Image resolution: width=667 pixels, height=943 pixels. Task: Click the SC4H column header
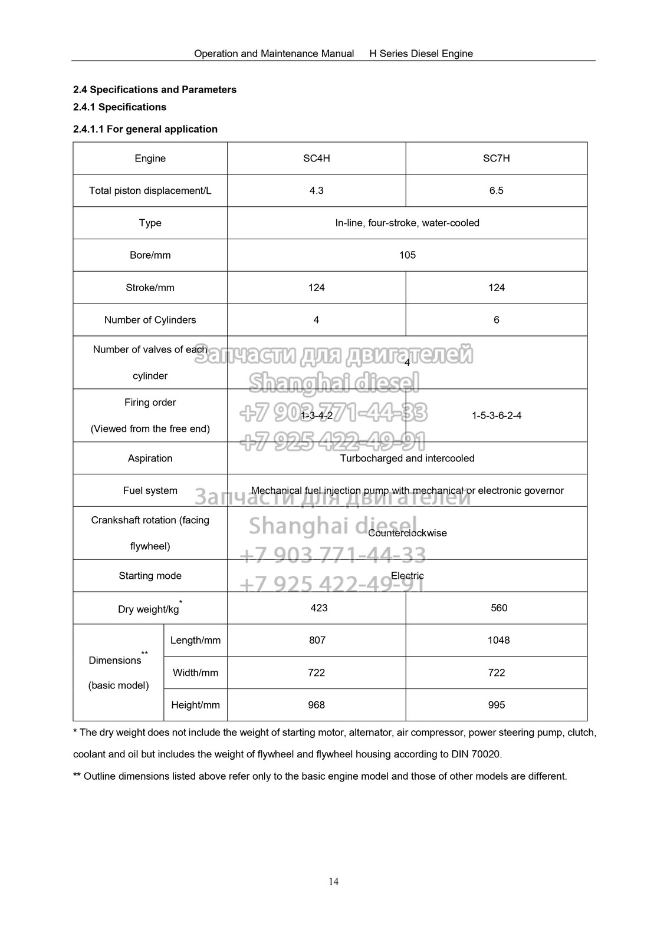(316, 159)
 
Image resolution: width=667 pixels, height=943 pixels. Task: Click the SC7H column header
(496, 159)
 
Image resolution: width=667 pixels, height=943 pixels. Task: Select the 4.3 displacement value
(316, 191)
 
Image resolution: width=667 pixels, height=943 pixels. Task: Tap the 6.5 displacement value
(496, 191)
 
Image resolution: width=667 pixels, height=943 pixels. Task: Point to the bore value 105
(407, 255)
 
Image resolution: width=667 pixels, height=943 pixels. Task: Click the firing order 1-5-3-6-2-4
(496, 416)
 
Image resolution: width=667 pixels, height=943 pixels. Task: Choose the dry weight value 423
(318, 608)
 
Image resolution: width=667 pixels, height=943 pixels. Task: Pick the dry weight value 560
(498, 608)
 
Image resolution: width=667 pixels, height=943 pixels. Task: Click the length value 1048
(498, 641)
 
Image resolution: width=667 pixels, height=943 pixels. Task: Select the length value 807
(317, 641)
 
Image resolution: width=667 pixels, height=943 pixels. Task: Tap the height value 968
(316, 705)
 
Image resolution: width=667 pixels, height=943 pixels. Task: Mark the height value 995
(496, 705)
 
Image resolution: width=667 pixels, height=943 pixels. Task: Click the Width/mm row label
(195, 673)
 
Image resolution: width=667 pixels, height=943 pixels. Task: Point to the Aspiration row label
(150, 459)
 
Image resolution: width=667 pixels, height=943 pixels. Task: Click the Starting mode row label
(150, 576)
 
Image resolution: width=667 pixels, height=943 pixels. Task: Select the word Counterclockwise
(407, 533)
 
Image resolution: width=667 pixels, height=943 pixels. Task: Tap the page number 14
(334, 882)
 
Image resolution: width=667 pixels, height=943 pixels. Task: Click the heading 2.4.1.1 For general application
(145, 129)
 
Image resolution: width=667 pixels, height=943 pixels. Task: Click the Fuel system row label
(150, 491)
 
